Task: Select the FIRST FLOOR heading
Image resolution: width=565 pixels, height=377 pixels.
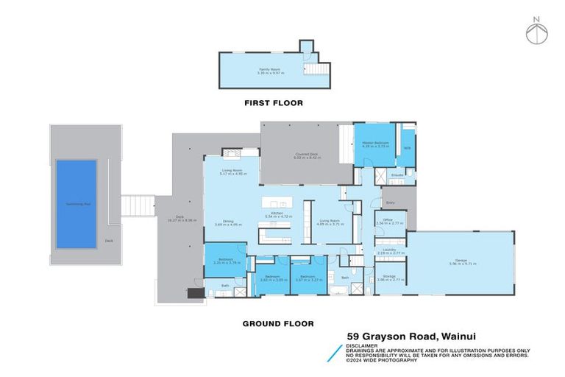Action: (273, 103)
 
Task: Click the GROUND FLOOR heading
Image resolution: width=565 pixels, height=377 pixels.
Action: (278, 323)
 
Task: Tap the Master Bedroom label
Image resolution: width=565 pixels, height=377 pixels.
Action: (374, 144)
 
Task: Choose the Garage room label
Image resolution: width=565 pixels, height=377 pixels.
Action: (461, 261)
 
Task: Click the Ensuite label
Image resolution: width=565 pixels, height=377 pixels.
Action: (397, 175)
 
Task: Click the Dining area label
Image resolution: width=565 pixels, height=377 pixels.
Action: (224, 222)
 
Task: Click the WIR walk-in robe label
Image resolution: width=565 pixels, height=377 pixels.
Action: (407, 148)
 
